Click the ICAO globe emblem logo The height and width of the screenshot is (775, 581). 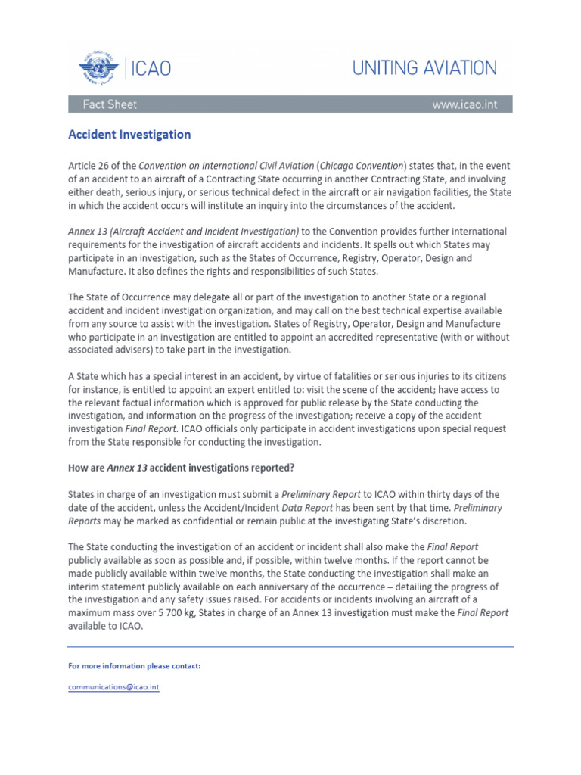pyautogui.click(x=99, y=69)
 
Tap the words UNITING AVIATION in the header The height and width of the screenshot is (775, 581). pyautogui.click(x=424, y=68)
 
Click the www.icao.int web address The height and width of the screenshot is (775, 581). pyautogui.click(x=464, y=104)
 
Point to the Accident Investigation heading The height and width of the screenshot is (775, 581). pyautogui.click(x=129, y=135)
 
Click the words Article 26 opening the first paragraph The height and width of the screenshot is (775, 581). pyautogui.click(x=89, y=165)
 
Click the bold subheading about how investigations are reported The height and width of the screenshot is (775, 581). pyautogui.click(x=182, y=467)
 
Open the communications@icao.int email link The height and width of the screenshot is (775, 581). pyautogui.click(x=113, y=687)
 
